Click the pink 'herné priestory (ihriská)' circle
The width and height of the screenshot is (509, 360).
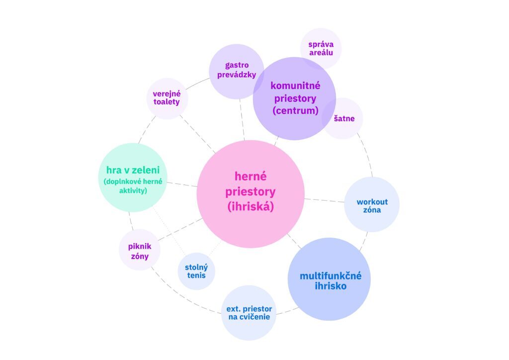(x=251, y=194)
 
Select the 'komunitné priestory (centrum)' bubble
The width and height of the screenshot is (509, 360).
(x=294, y=98)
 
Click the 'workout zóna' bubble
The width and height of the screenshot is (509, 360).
(x=372, y=204)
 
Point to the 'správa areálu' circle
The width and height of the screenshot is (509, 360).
(x=321, y=48)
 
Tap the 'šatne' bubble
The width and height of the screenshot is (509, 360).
(x=343, y=118)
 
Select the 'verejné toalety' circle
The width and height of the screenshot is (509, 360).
(x=167, y=98)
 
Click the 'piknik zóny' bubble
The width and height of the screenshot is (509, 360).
(x=140, y=250)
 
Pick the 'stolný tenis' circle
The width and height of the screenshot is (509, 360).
(x=196, y=271)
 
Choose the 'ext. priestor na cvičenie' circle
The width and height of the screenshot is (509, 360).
(x=249, y=312)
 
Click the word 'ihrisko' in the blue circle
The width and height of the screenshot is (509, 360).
(x=330, y=286)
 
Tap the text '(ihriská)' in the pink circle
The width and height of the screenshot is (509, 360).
(x=251, y=206)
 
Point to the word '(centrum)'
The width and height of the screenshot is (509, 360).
(x=295, y=110)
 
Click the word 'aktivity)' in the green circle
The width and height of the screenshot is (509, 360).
(x=133, y=190)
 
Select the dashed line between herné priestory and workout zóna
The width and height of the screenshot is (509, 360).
(x=324, y=200)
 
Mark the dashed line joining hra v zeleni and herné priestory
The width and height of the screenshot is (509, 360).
(x=182, y=184)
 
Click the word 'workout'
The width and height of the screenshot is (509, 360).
(x=372, y=202)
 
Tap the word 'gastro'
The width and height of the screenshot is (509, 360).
(x=237, y=65)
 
